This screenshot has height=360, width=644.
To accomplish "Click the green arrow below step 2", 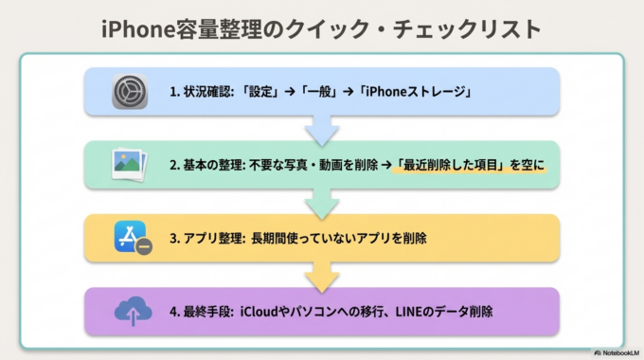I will (322, 202).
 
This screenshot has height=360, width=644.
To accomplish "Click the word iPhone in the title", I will (140, 27).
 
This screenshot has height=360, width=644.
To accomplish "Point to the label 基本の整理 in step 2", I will (216, 164).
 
